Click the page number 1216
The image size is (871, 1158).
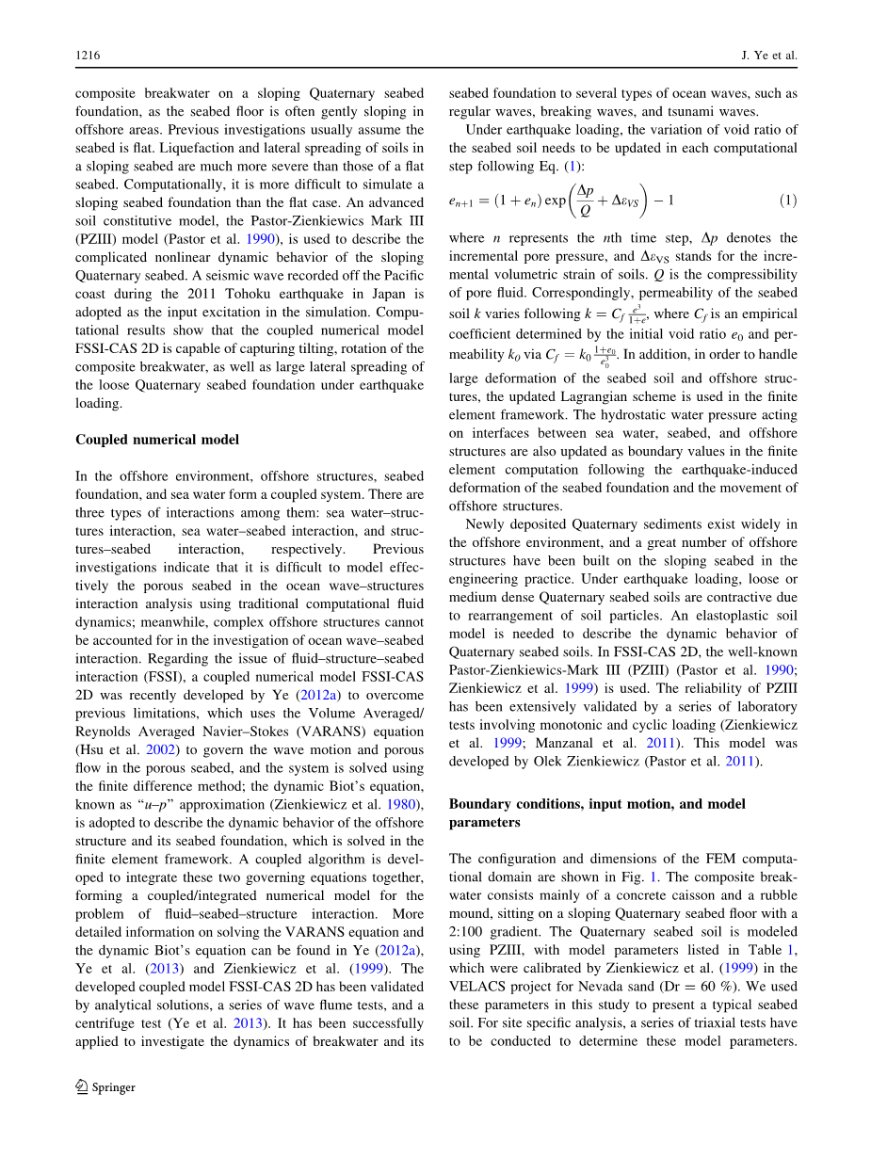point(88,56)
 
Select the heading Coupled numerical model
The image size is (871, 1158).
point(157,440)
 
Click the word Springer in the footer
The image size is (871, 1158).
point(113,1087)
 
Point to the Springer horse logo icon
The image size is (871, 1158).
point(81,1087)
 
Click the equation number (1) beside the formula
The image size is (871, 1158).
point(788,201)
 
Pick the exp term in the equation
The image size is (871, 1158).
point(549,201)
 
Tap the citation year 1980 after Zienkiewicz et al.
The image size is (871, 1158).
point(395,805)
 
